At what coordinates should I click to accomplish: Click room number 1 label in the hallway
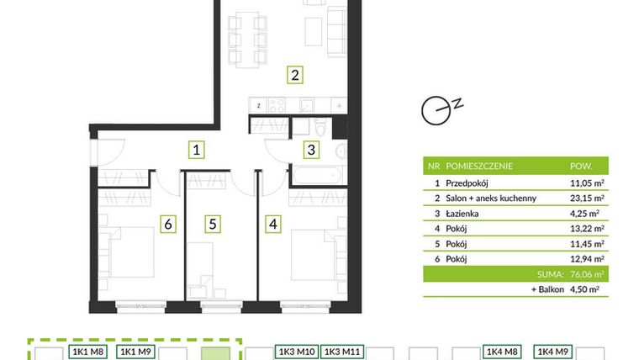tap(195, 151)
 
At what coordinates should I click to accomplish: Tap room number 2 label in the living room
tap(294, 75)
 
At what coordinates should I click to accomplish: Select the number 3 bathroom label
tap(311, 151)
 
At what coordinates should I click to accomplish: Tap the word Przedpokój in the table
tap(473, 182)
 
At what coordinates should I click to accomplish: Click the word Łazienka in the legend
tap(467, 214)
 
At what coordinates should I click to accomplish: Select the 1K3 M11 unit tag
tap(342, 352)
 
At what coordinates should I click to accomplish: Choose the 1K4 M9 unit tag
tap(554, 352)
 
